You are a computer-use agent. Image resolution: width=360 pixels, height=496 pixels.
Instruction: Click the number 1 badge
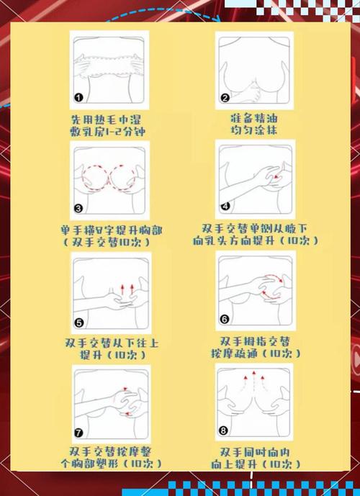point(79,97)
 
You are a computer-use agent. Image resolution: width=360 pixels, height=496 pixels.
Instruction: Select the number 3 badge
point(78,209)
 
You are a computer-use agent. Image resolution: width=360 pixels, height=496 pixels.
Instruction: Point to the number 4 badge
point(225,206)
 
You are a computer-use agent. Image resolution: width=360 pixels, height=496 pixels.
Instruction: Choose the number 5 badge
point(79,323)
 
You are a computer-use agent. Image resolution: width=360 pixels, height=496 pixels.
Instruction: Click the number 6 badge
point(225,319)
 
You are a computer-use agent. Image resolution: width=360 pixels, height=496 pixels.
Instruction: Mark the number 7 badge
point(79,434)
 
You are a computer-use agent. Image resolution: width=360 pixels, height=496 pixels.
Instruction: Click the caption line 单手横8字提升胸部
point(112,230)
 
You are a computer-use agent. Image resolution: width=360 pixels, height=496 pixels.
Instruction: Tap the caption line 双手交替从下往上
point(111,342)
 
